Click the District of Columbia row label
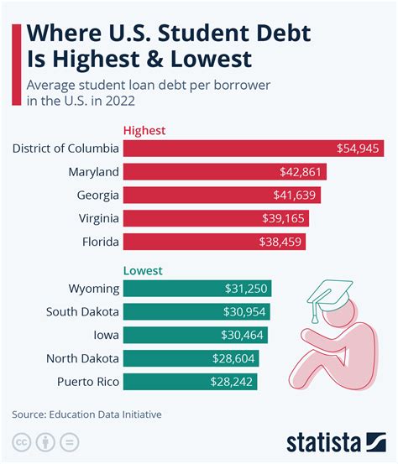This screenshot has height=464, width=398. point(64,149)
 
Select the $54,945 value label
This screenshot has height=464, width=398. point(359,149)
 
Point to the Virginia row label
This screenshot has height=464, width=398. point(93,218)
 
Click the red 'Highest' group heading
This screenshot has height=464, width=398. point(144,130)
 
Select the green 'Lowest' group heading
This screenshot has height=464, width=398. point(142,271)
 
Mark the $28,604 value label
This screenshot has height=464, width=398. point(234,358)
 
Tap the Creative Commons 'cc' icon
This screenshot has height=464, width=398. point(21,442)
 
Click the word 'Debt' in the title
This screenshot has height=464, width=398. point(271,34)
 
